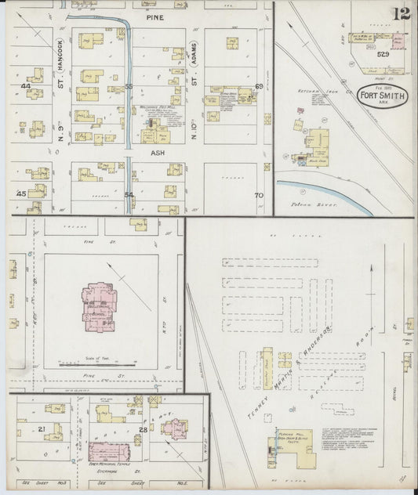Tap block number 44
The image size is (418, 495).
(25, 86)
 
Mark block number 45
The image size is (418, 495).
(21, 193)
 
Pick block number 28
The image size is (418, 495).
(143, 430)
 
